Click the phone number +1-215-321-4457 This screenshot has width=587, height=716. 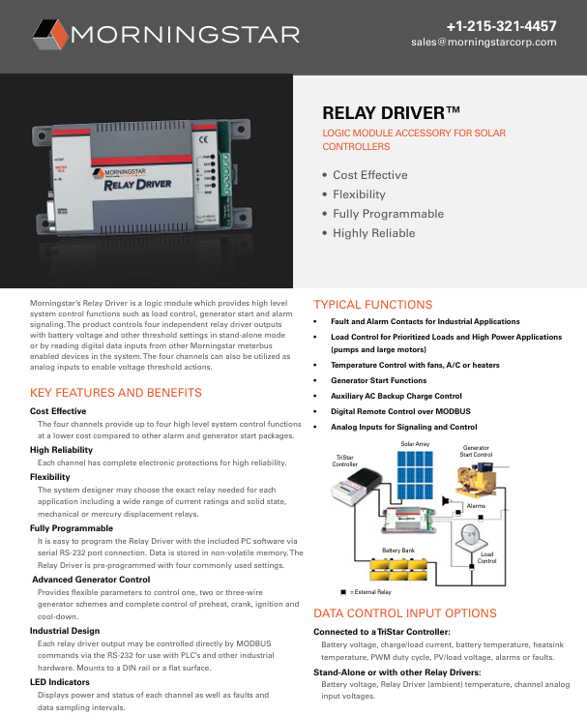tap(501, 25)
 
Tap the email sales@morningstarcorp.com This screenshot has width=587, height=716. tap(484, 43)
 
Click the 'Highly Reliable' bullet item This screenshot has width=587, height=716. tap(375, 233)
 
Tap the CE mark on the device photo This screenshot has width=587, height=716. tap(203, 139)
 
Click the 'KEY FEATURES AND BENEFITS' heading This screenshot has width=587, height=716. tap(116, 393)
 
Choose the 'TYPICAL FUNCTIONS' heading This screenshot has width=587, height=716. tap(372, 304)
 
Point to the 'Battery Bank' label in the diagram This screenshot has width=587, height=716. tap(397, 550)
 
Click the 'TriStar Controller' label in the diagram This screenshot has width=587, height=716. tap(344, 460)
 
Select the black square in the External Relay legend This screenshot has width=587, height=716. tap(342, 590)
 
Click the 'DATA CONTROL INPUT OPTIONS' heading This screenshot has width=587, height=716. tap(405, 613)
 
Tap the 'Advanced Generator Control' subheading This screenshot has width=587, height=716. tap(91, 579)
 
